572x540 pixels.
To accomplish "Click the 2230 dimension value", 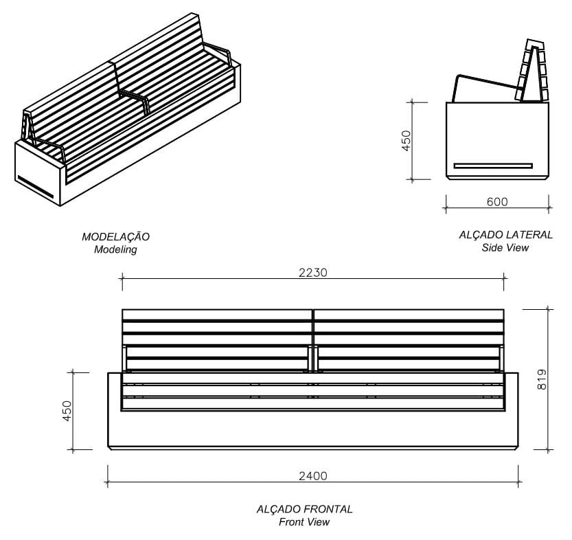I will [312, 272].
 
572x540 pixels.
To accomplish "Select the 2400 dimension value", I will [312, 475].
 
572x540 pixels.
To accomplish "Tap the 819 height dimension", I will [542, 379].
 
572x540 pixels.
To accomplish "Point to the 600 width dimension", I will [496, 202].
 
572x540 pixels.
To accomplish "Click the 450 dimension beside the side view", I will [406, 140].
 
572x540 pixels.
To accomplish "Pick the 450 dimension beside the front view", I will [67, 412].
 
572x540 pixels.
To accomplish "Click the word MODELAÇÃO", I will [115, 237].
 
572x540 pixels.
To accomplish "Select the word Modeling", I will [115, 250].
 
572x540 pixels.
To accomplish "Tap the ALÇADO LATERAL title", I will [505, 235].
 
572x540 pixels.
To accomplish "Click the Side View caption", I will [505, 247].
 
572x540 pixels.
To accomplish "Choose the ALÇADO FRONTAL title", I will [304, 509].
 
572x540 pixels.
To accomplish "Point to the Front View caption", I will [304, 522].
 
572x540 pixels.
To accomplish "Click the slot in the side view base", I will [493, 166].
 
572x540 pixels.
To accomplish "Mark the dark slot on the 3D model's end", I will [35, 185].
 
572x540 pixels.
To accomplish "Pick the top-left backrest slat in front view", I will [218, 314].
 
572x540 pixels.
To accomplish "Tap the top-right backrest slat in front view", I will [409, 314].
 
